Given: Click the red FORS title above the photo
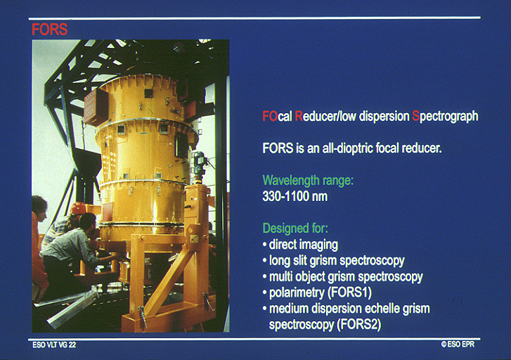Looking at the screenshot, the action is pos(49,30).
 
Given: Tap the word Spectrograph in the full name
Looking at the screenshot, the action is pos(445,117).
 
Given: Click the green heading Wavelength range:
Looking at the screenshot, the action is pos(308,180).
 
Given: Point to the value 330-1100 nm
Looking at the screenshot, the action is pos(295,196).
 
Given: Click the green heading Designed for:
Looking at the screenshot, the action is pos(295,229).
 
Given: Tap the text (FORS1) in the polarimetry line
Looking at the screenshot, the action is pos(349,292).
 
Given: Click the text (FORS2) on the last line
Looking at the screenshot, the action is pos(359,324).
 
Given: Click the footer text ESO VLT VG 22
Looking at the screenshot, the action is pos(54,345).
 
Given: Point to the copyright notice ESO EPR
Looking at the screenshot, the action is pos(458,345).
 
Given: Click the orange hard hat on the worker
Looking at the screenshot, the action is pos(78,208).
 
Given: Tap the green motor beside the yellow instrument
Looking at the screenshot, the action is pos(199,164).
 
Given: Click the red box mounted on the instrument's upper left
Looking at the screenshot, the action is pos(96,107).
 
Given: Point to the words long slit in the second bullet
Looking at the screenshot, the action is pos(287,261).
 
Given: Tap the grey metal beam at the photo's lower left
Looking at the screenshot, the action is pos(72,308).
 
